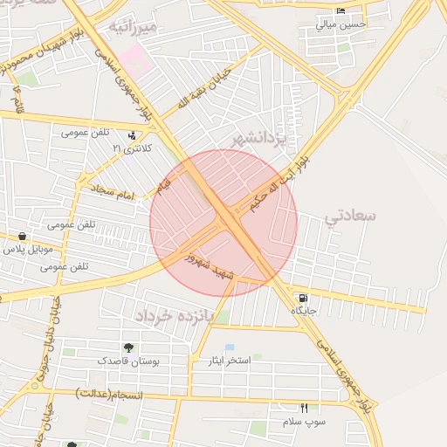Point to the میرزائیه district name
[x=133, y=28]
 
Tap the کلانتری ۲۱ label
[x=131, y=149]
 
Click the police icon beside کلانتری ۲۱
[x=132, y=135]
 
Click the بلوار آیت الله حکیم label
[x=277, y=183]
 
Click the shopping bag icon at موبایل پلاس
[x=21, y=237]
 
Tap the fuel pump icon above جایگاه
[x=302, y=297]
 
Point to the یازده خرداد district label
[x=176, y=313]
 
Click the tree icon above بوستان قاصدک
[x=128, y=347]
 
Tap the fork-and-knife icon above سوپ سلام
[x=304, y=408]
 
